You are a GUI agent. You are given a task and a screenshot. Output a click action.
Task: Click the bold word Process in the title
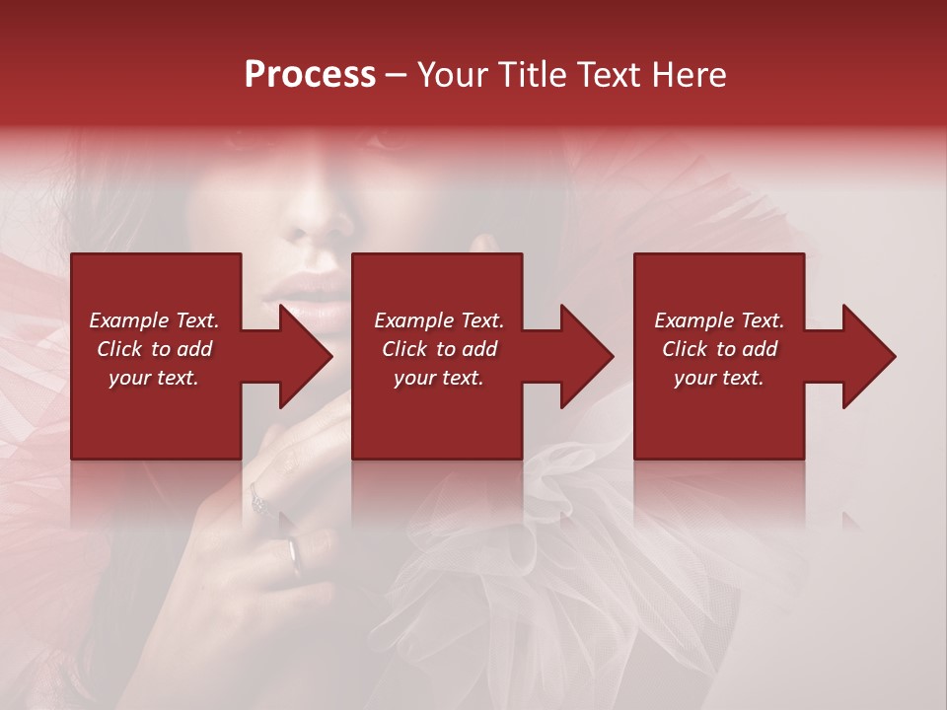coord(310,75)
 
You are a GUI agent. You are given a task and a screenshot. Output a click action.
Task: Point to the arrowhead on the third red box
coord(867,356)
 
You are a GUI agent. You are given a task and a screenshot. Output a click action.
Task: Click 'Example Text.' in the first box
coord(154,320)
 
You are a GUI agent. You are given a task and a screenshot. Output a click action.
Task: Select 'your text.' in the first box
coord(154,378)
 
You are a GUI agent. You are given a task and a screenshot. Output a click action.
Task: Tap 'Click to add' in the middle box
coord(439,349)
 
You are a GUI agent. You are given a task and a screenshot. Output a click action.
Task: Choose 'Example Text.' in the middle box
coord(439,320)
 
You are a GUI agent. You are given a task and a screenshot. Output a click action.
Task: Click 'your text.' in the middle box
coord(439,378)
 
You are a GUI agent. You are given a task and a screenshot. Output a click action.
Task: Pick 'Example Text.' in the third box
coord(719,320)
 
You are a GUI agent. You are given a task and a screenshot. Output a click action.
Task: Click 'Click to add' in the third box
coord(719,349)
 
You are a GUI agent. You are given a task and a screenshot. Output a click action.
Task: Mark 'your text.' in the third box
coord(719,378)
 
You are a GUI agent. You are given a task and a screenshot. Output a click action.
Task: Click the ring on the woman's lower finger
coord(295,555)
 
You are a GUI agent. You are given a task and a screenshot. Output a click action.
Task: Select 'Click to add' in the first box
coord(154,349)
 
